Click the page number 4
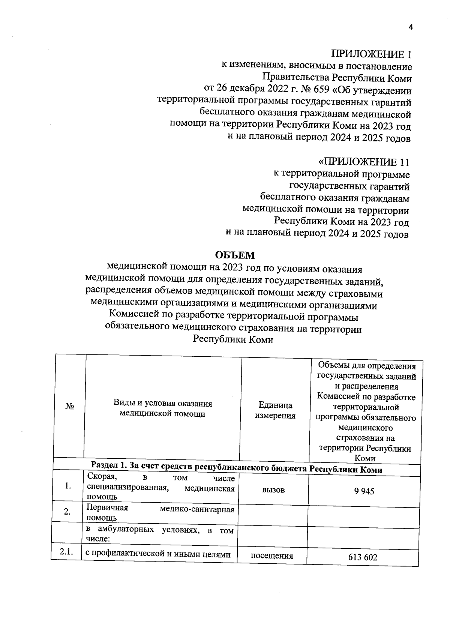pos(410,27)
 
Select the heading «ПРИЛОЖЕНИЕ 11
pos(363,162)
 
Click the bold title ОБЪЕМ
pos(235,255)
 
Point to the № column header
pos(69,407)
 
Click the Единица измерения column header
pos(275,410)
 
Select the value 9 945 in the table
pos(364,491)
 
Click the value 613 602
pos(362,557)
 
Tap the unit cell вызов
pos(273,490)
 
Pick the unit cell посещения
pos(272,556)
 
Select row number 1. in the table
pos(68,486)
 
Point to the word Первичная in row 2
pos(107,508)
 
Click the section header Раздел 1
pos(109,465)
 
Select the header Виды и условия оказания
pos(163,404)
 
